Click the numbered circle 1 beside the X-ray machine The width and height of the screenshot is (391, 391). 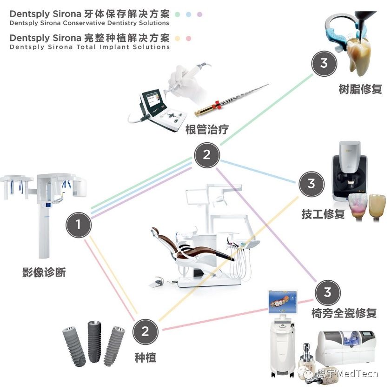coord(78,225)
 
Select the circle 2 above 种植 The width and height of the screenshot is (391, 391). coord(145,331)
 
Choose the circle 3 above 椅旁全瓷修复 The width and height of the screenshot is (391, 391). coord(328,292)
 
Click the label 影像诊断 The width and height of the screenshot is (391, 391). coord(44,272)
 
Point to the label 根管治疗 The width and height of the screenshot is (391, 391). coord(207,129)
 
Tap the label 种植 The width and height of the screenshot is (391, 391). coord(145,358)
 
